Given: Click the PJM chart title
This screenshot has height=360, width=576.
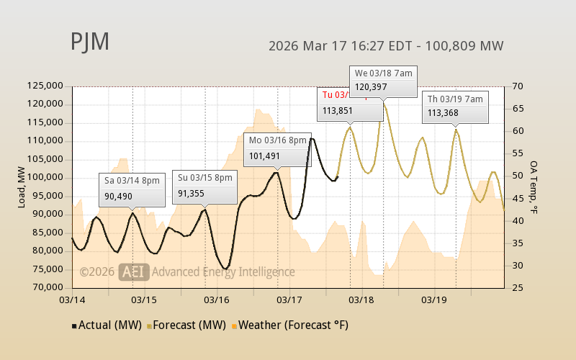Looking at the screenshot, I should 90,42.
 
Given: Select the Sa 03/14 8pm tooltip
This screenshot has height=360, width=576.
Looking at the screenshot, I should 132,188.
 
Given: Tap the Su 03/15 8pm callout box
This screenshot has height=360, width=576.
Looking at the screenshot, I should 204,185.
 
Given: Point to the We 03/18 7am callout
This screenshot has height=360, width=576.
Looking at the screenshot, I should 383,80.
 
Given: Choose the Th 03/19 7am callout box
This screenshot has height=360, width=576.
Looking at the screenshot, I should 456,105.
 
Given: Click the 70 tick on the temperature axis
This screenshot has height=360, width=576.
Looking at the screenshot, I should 518,86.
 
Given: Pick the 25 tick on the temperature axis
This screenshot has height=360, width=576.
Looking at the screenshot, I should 518,287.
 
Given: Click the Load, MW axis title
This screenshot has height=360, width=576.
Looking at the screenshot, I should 22,186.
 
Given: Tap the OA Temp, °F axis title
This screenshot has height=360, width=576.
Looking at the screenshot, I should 534,187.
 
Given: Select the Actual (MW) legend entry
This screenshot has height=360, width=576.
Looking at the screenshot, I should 105,325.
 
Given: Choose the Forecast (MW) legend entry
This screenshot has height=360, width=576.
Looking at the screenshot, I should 186,325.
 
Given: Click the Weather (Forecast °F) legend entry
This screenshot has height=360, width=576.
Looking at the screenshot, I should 289,325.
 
